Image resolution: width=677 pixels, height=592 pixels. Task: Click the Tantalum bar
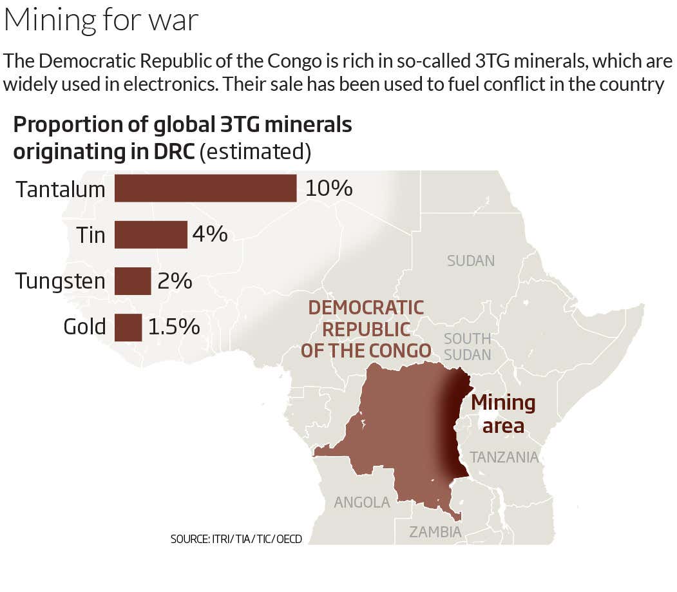click(x=205, y=188)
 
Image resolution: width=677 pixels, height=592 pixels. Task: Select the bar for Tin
click(x=151, y=234)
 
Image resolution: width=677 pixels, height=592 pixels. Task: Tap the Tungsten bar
click(x=133, y=281)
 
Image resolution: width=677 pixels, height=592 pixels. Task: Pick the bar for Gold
click(x=128, y=327)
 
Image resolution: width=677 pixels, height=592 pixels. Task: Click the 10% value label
click(x=329, y=188)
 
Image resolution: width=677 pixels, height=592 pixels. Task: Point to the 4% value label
click(x=210, y=234)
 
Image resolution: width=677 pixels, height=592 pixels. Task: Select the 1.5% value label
click(x=174, y=327)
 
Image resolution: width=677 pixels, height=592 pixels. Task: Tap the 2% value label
click(x=175, y=281)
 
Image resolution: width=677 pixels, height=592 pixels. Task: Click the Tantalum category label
click(x=61, y=189)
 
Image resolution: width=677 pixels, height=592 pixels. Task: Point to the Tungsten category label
click(x=61, y=282)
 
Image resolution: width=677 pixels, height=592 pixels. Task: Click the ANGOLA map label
click(x=362, y=502)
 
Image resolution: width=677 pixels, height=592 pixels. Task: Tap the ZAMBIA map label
click(x=435, y=532)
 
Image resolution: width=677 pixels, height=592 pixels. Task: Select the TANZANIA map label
click(x=504, y=457)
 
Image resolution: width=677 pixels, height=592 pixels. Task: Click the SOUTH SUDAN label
click(x=468, y=347)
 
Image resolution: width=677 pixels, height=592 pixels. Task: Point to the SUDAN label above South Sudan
click(x=471, y=261)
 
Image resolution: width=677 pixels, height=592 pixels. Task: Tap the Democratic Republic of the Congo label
click(x=366, y=329)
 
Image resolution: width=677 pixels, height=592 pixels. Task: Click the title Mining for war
click(x=101, y=21)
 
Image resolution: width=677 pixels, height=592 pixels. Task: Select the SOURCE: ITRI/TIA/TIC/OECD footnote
click(x=236, y=539)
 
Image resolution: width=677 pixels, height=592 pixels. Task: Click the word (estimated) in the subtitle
click(x=256, y=152)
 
